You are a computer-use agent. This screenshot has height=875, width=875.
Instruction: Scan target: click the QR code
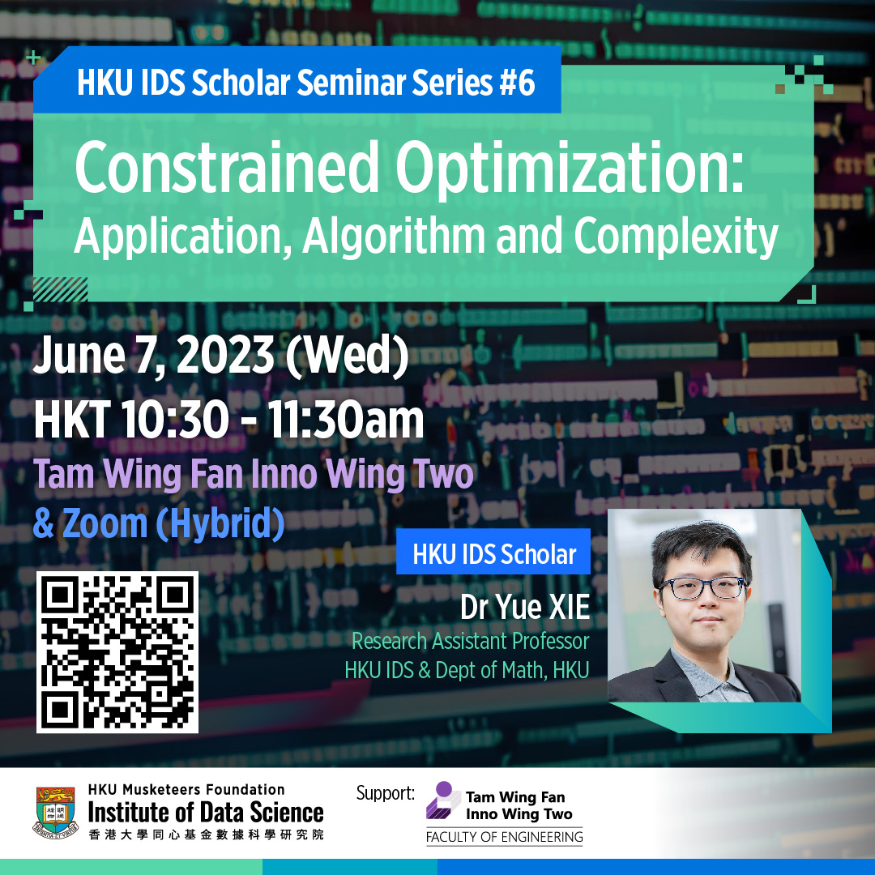[117, 651]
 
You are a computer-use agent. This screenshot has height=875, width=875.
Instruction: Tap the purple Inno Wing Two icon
[443, 800]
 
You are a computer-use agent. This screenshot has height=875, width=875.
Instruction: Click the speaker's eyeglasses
[702, 587]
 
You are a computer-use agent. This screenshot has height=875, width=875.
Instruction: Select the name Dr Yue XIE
[524, 607]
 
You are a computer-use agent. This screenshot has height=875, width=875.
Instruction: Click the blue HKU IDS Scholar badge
[493, 552]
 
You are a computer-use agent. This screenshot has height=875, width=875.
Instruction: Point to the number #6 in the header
[517, 83]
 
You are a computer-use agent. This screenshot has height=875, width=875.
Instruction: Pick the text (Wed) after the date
[347, 356]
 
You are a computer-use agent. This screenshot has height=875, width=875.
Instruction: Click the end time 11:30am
[345, 420]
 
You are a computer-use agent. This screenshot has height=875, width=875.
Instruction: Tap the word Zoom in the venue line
[105, 523]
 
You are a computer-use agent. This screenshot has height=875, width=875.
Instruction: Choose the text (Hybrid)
[220, 524]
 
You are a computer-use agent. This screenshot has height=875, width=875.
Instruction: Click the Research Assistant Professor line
[471, 641]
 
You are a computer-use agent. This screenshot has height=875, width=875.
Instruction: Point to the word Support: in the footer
[385, 793]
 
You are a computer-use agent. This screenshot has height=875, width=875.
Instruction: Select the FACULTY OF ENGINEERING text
[504, 837]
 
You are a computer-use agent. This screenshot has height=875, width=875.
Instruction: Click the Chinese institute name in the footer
[206, 834]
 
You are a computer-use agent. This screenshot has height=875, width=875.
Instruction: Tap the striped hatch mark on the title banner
[60, 289]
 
